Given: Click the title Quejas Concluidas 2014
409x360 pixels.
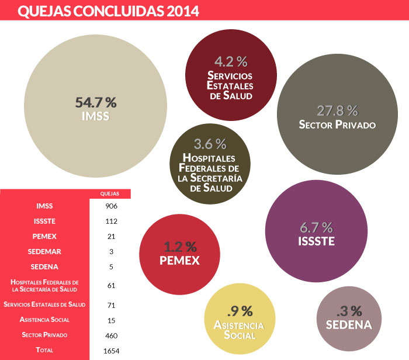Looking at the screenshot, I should click(x=108, y=11).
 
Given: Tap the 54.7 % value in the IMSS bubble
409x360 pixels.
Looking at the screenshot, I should click(x=96, y=102).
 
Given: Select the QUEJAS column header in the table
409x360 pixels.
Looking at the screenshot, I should click(x=110, y=193).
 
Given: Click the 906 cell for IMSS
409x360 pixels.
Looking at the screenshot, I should click(x=110, y=206).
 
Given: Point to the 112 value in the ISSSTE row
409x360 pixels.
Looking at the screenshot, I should click(x=110, y=221).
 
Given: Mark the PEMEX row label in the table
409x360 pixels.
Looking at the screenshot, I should click(x=44, y=236).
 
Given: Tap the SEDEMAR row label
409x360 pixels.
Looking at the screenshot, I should click(x=44, y=251).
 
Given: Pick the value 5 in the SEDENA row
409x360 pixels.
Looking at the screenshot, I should click(x=110, y=266).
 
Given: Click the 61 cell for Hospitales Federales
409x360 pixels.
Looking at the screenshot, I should click(x=110, y=285).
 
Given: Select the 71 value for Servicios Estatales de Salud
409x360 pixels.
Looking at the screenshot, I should click(x=110, y=305).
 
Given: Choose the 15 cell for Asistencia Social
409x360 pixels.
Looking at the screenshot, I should click(x=110, y=320).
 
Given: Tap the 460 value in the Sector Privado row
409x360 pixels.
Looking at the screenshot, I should click(x=110, y=335).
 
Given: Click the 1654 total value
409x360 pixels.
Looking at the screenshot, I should click(x=110, y=350).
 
